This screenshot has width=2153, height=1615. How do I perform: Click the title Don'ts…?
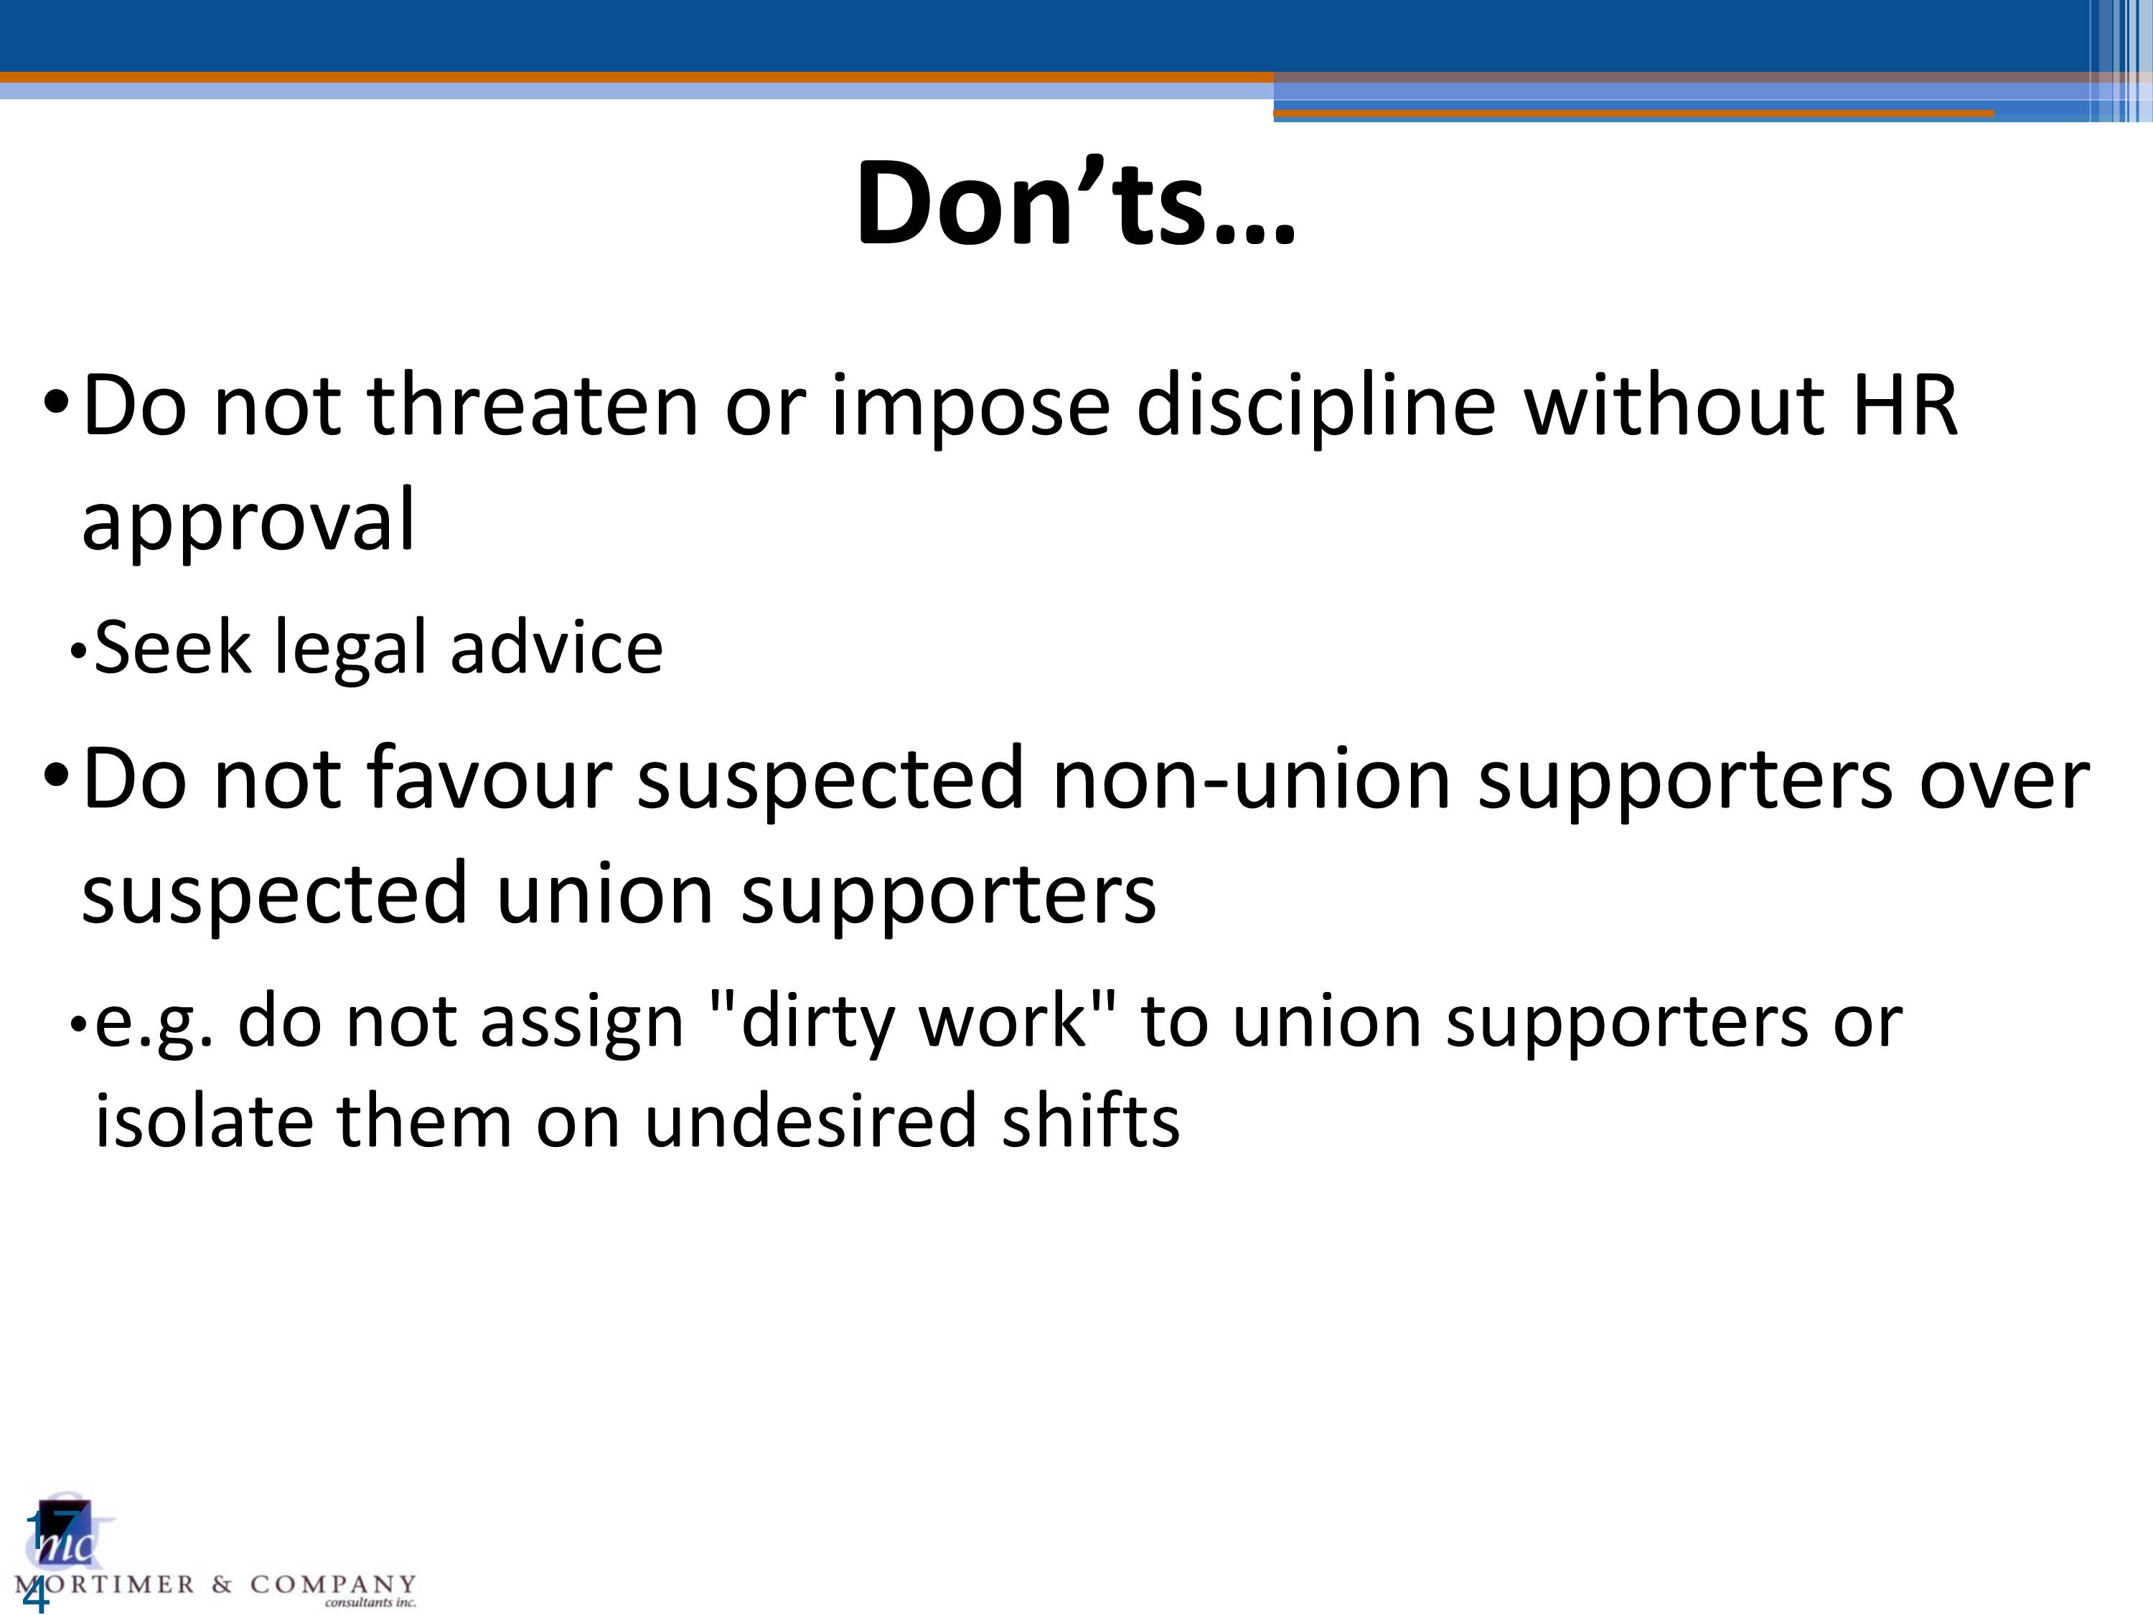(1076, 202)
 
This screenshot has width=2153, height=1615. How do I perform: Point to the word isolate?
(203, 1120)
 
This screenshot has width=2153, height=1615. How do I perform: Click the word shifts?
(1091, 1120)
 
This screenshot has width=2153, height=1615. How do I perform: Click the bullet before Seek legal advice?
(79, 653)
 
